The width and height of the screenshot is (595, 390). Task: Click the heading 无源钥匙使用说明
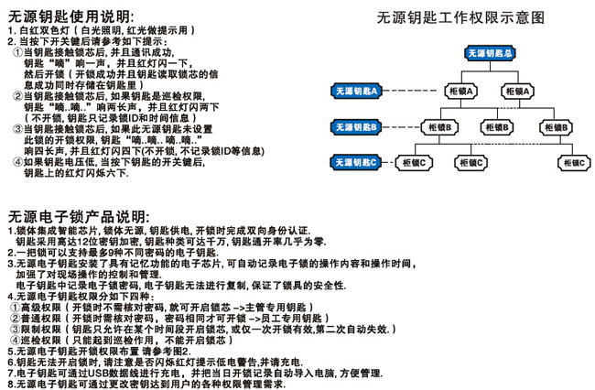(69, 15)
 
